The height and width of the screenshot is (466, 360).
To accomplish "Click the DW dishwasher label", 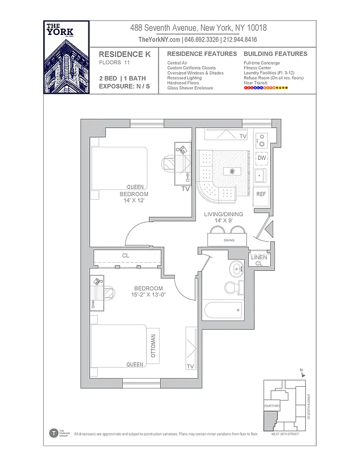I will [x=262, y=158].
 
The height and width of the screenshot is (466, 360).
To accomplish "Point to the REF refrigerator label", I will [x=261, y=194].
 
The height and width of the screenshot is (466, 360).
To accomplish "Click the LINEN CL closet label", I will [x=259, y=260].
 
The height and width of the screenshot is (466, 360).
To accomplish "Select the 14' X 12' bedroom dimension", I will [x=133, y=200].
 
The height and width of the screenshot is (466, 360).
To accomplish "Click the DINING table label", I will [x=229, y=240].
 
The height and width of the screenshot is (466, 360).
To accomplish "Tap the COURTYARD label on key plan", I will [x=272, y=405].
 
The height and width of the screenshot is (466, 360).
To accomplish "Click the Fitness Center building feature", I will [x=259, y=68].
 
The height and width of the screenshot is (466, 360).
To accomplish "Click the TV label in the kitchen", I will [x=243, y=136].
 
